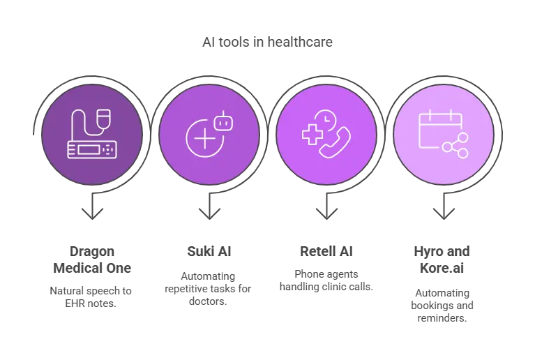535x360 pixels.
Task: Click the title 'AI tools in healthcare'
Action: point(267,42)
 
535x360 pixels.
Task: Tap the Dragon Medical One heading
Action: point(92,260)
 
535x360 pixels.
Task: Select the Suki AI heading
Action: point(209,251)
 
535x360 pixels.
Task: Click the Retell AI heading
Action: point(326,251)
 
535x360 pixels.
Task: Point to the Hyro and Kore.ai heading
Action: point(442,260)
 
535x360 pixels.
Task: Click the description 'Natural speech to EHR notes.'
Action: point(91,297)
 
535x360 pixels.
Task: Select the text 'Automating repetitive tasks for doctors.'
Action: point(208,289)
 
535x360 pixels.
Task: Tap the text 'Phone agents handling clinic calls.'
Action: point(326,280)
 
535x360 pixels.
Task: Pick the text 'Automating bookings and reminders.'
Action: point(442,306)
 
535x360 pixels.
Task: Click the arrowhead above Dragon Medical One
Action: point(93,213)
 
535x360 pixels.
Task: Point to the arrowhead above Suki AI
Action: point(209,213)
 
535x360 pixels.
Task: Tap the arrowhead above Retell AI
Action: point(326,213)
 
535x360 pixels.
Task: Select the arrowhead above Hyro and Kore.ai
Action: point(444,213)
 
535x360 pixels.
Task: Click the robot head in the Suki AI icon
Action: point(223,122)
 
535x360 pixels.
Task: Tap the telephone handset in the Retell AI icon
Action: point(335,142)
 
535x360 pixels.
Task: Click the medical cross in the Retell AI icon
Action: point(312,135)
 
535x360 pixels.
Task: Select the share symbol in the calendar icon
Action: point(455,146)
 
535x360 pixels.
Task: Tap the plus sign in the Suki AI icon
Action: point(204,138)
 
